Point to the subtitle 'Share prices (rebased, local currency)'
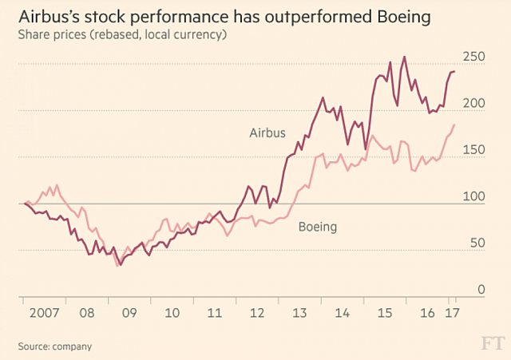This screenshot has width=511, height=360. (126, 36)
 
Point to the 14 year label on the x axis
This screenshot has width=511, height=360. (342, 310)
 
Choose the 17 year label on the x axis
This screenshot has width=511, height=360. (451, 310)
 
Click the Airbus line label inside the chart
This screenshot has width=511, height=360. (266, 133)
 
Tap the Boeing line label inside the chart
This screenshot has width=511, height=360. (317, 227)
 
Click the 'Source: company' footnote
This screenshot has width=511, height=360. (54, 346)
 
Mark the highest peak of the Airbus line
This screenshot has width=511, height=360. (404, 57)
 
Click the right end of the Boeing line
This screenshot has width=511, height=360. (454, 125)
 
